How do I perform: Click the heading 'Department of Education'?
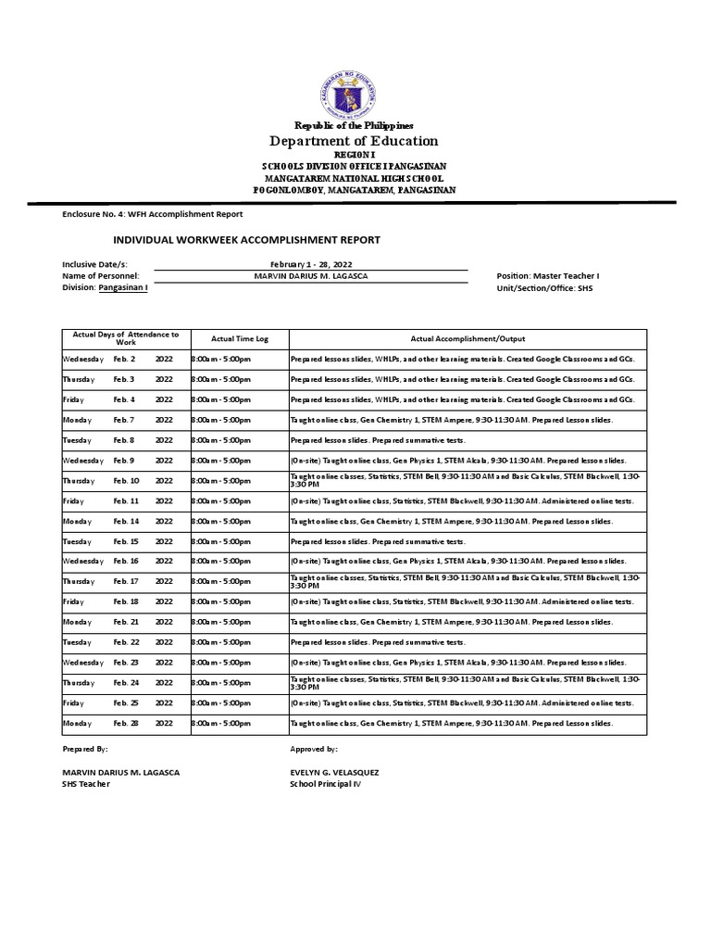click(354, 141)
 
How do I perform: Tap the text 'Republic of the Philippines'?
click(355, 125)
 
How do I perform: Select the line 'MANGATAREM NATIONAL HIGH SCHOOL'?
click(355, 177)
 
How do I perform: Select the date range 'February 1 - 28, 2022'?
click(310, 264)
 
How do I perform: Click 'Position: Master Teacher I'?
click(548, 276)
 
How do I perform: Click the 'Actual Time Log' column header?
click(240, 339)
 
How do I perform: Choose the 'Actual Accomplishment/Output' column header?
click(468, 339)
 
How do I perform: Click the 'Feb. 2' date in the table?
click(124, 359)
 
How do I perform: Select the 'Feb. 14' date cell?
click(126, 522)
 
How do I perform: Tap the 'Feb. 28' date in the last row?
click(126, 723)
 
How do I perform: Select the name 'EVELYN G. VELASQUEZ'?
click(334, 772)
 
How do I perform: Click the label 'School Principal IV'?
click(326, 784)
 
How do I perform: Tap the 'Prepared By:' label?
click(85, 747)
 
